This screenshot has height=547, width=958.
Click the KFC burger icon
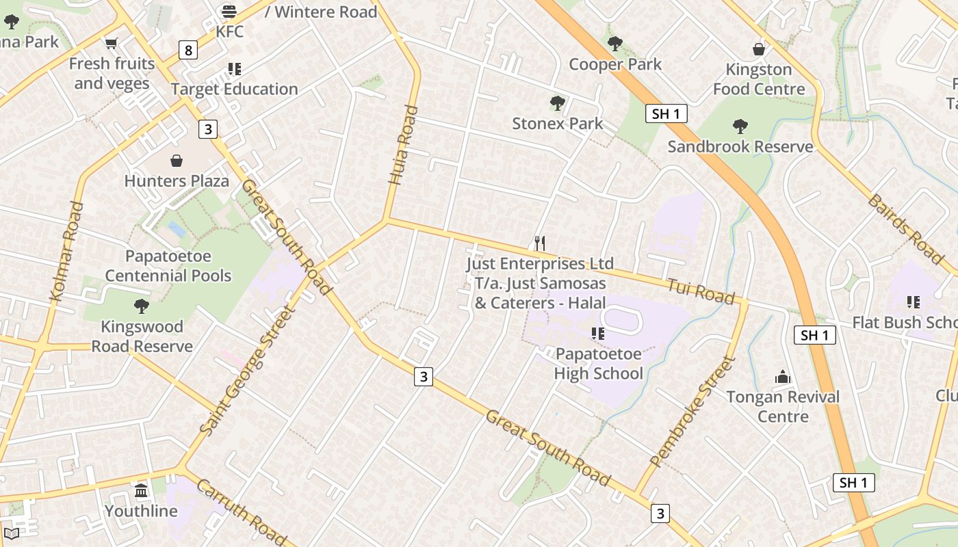pos(229,12)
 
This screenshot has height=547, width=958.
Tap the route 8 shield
pos(188,50)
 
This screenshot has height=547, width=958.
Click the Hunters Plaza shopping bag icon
pos(177,161)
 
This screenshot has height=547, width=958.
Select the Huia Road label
pos(402,145)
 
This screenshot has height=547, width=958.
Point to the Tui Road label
pos(701,292)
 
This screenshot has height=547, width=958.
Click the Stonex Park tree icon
pos(558,103)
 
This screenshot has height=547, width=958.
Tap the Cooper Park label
pos(615,64)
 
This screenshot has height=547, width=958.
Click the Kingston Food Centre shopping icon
pos(758,49)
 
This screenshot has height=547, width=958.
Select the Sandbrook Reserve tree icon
pos(740,126)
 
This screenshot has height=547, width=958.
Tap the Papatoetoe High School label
pos(598,364)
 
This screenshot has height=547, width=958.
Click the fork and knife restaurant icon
pos(540,243)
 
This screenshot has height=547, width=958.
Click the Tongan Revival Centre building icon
pos(783,377)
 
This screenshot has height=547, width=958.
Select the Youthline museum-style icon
pos(141,490)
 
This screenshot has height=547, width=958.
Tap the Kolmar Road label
pos(67,252)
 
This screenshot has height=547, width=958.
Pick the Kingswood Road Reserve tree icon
pos(142,306)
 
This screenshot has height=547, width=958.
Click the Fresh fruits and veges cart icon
pos(112,43)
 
